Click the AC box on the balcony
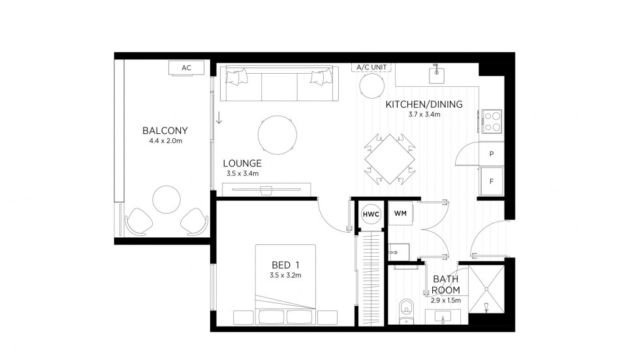186,68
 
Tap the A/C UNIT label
370,67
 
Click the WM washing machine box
400,213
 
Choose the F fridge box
491,181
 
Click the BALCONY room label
165,129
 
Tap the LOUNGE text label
242,163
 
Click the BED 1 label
285,265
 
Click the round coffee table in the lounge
279,135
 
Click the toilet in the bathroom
405,309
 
